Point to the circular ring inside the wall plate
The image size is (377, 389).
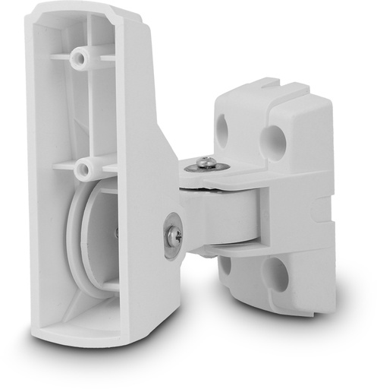[85, 243]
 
